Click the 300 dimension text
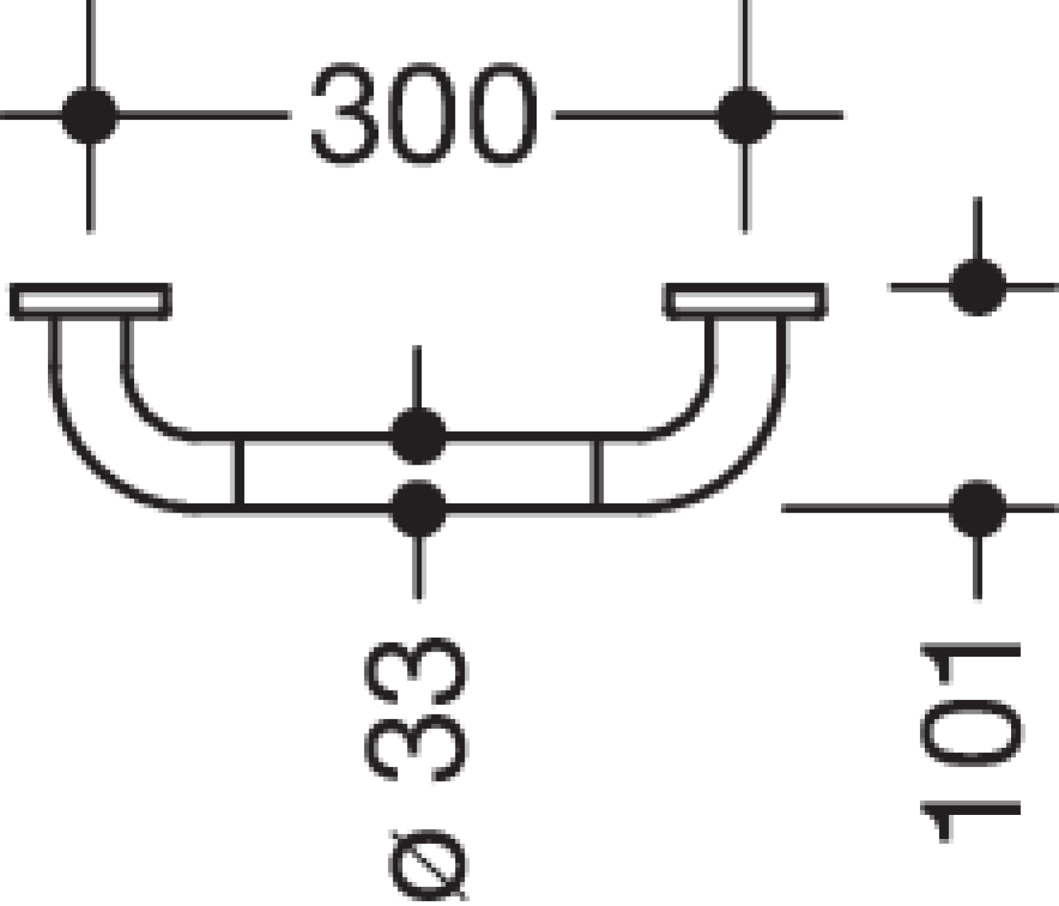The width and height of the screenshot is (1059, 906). pyautogui.click(x=425, y=114)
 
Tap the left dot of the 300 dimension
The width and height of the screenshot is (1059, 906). pyautogui.click(x=90, y=115)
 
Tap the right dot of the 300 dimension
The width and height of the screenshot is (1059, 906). pyautogui.click(x=744, y=115)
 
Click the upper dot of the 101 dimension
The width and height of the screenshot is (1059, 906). pyautogui.click(x=977, y=287)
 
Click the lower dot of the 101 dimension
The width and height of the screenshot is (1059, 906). pyautogui.click(x=977, y=508)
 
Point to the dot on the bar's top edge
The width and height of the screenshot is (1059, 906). pyautogui.click(x=417, y=436)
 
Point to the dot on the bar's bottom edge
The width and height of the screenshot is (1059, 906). pyautogui.click(x=417, y=508)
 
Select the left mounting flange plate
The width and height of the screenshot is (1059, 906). pyautogui.click(x=90, y=302)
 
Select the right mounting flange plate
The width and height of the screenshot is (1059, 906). pyautogui.click(x=745, y=302)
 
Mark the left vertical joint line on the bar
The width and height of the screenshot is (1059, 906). pyautogui.click(x=238, y=472)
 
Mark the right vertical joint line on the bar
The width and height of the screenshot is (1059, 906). pyautogui.click(x=596, y=472)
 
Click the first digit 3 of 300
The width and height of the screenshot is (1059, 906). pyautogui.click(x=345, y=114)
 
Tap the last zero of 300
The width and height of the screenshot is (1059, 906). pyautogui.click(x=503, y=114)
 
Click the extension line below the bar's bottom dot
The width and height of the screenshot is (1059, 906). pyautogui.click(x=419, y=568)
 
